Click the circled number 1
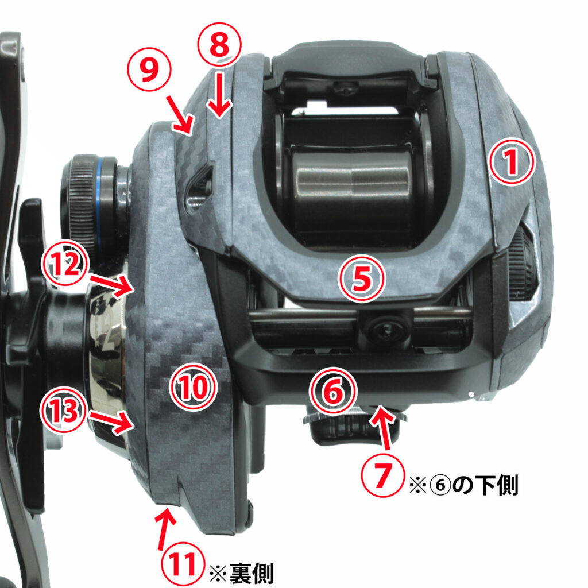pos(512,161)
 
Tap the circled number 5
pos(362,278)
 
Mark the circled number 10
pos(194,387)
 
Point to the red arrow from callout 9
pos(180,115)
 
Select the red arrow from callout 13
pos(112,422)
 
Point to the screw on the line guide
pos(386,330)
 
